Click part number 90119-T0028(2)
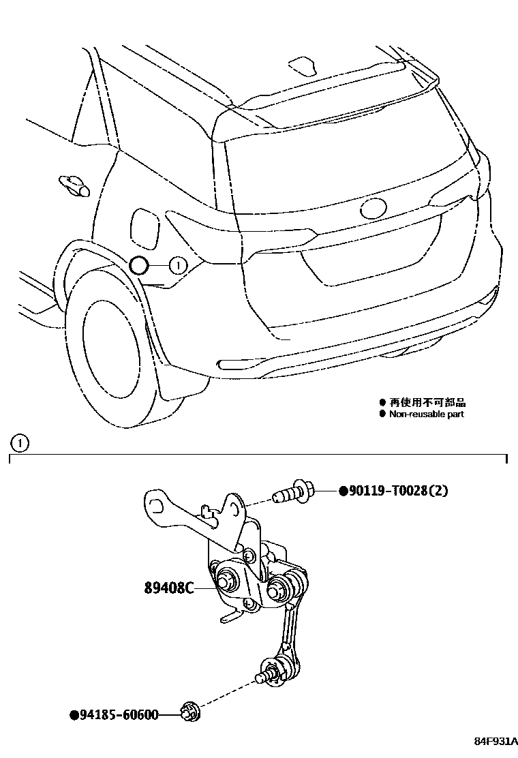coord(398,491)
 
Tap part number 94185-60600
coord(118,715)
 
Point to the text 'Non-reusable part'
coord(426,414)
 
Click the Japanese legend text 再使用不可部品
coord(427,403)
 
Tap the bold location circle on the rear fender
coord(139,266)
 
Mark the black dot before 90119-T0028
coord(343,491)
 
